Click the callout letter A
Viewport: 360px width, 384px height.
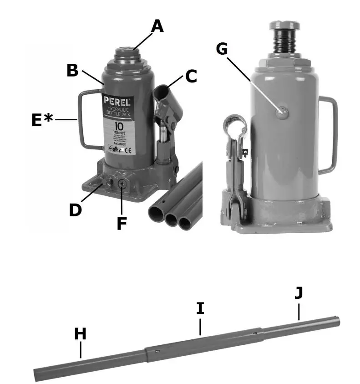click(x=157, y=26)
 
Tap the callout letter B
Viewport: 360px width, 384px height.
click(x=73, y=71)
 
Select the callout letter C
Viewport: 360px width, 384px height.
click(x=191, y=76)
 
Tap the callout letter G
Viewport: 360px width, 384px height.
click(x=222, y=48)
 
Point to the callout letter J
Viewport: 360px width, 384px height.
click(x=298, y=293)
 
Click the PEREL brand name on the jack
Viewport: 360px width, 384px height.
click(x=117, y=101)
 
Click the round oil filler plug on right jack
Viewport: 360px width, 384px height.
click(x=282, y=112)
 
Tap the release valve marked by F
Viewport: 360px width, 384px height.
click(x=122, y=184)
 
